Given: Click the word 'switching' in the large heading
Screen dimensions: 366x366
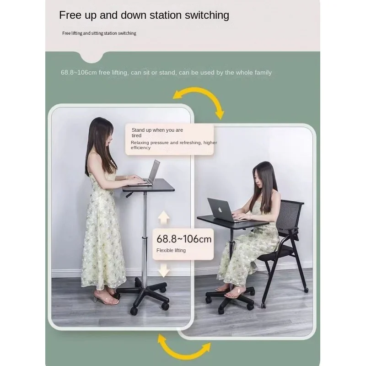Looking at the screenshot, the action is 207,16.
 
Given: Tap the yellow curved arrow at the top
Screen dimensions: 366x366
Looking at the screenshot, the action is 200,93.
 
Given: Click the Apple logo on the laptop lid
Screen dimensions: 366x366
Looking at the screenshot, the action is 220,210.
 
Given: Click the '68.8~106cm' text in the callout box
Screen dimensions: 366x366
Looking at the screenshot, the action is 184,239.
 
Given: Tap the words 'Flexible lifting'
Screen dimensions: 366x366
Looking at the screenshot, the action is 171,250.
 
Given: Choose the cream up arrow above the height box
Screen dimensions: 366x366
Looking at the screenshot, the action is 164,218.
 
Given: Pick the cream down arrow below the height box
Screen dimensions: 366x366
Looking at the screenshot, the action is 164,270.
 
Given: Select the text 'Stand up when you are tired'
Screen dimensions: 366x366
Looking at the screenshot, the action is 157,133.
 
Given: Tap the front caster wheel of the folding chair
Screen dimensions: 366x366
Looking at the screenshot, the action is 264,305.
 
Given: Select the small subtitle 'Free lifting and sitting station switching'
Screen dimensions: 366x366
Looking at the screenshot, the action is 99,33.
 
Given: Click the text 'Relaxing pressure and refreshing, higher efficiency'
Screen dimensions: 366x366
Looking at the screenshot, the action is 174,145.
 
